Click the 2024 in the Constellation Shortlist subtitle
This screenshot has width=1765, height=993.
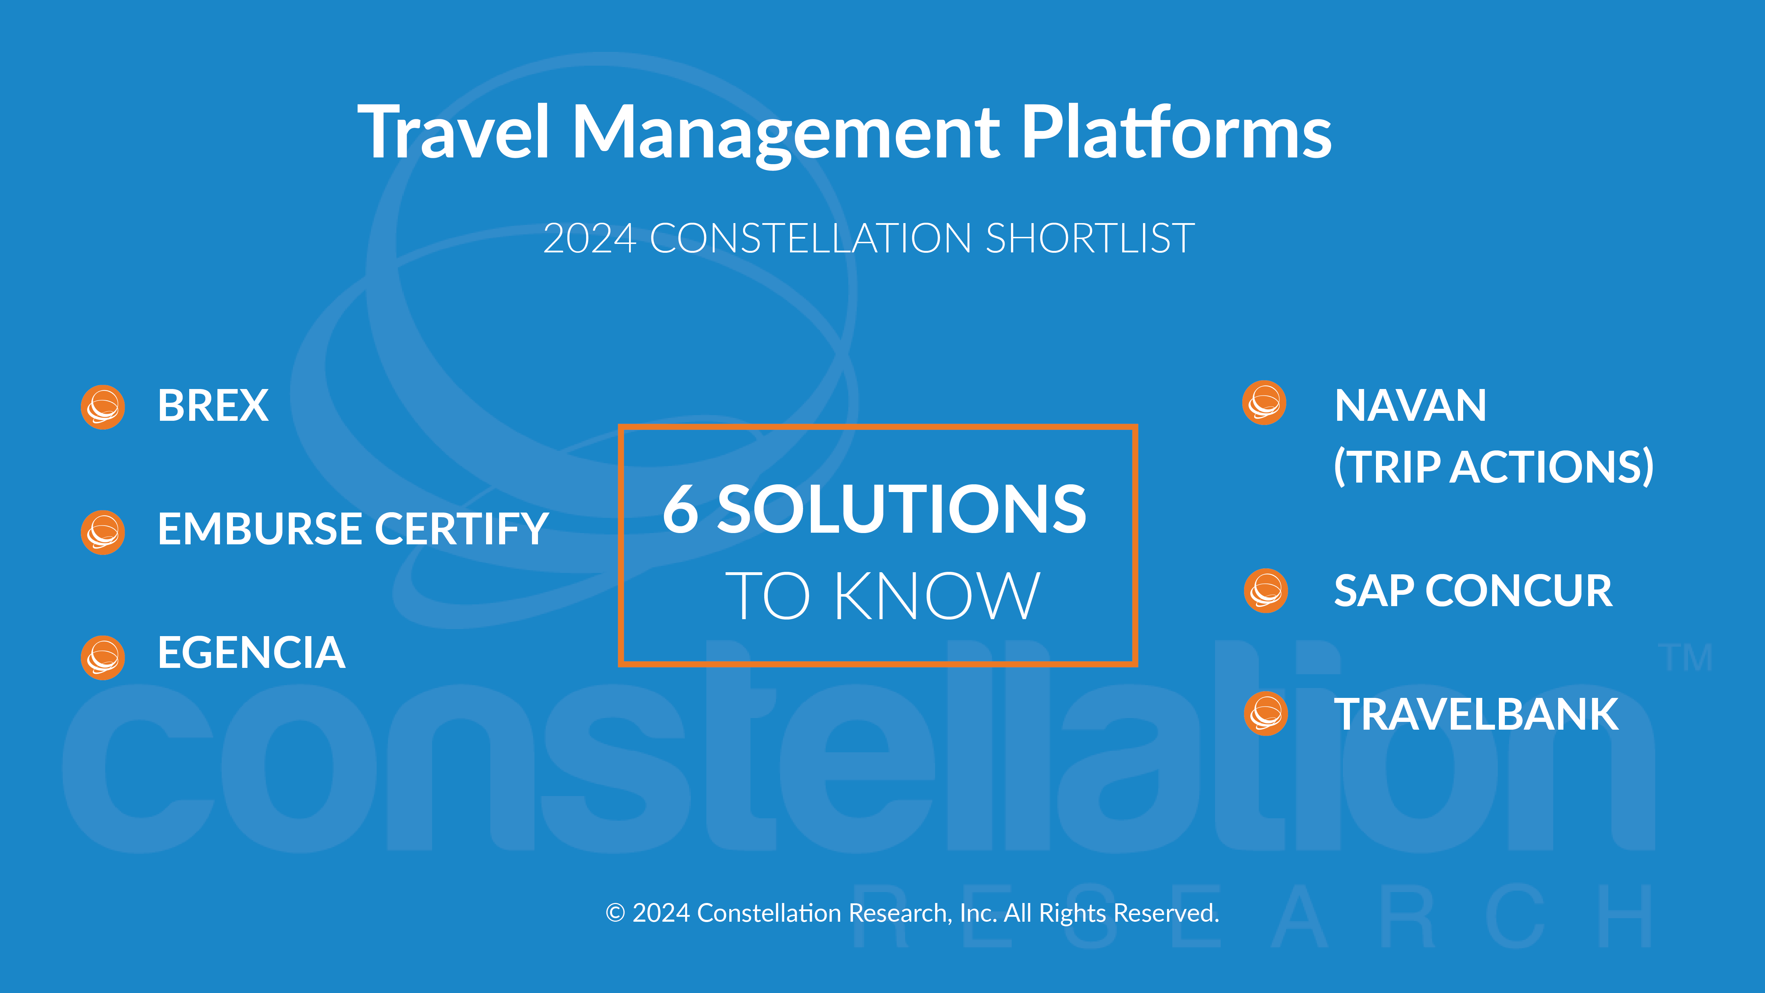coord(590,239)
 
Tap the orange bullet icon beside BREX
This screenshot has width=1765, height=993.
coord(103,407)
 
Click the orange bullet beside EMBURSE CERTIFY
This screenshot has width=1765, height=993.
coord(103,532)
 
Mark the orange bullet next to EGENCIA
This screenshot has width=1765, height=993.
coord(103,658)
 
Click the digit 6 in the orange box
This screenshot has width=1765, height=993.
coord(680,508)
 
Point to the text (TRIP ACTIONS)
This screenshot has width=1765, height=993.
coord(1494,467)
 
